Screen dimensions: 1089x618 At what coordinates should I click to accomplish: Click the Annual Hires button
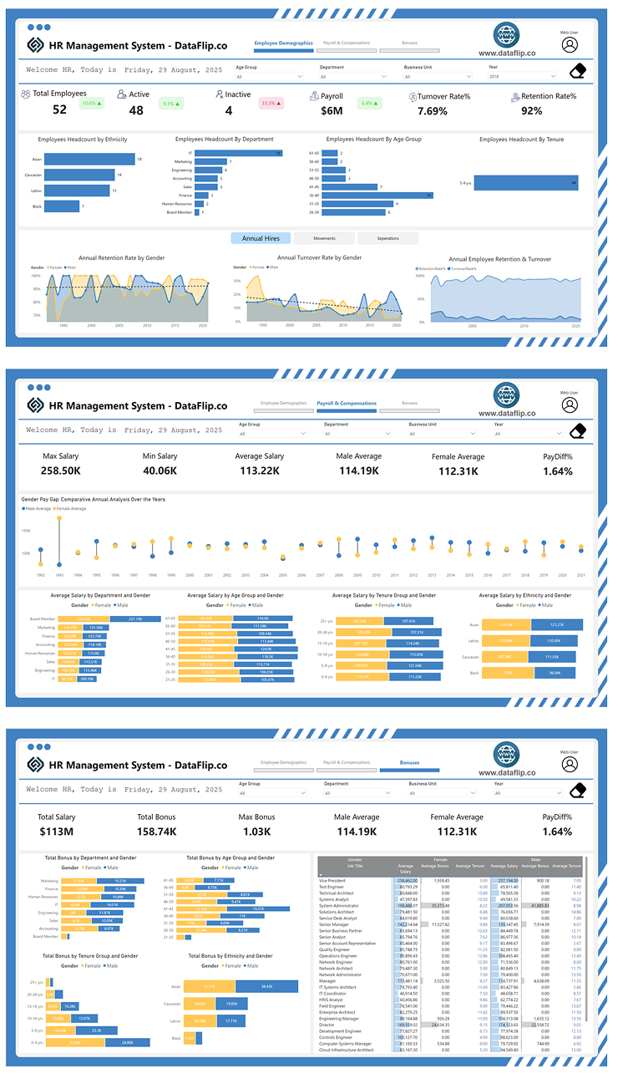pyautogui.click(x=261, y=238)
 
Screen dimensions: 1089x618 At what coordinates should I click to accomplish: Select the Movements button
pyautogui.click(x=324, y=238)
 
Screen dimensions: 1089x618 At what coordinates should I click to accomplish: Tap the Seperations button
pyautogui.click(x=388, y=238)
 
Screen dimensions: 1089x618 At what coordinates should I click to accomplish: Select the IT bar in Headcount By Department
pyautogui.click(x=238, y=153)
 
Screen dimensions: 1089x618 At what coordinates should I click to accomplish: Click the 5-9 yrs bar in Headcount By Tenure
pyautogui.click(x=526, y=182)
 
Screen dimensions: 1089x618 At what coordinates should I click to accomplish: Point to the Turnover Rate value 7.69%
pyautogui.click(x=433, y=111)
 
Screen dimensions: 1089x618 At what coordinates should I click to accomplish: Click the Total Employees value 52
pyautogui.click(x=59, y=109)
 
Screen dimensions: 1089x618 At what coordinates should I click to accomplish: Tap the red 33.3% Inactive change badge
pyautogui.click(x=271, y=104)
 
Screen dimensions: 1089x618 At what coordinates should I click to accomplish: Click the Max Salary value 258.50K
pyautogui.click(x=61, y=471)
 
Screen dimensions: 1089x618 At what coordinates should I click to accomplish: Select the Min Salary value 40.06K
pyautogui.click(x=160, y=471)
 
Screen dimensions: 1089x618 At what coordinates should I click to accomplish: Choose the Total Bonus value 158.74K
pyautogui.click(x=157, y=832)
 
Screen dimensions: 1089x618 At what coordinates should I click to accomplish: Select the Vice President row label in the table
pyautogui.click(x=332, y=880)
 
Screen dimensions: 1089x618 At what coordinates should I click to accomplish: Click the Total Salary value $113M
pyautogui.click(x=57, y=832)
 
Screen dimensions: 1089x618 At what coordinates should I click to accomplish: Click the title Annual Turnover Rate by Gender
pyautogui.click(x=319, y=257)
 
